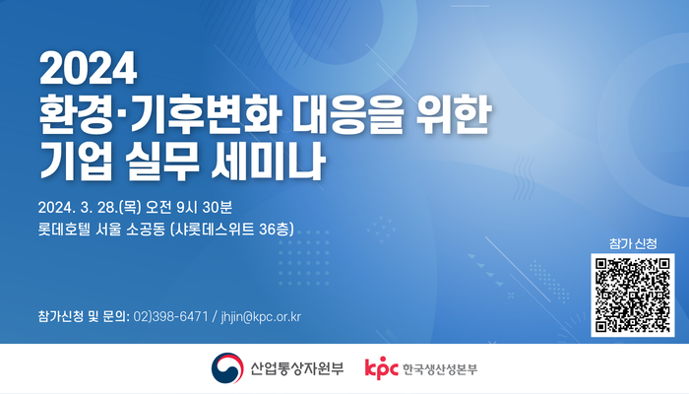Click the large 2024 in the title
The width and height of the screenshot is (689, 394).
pyautogui.click(x=88, y=68)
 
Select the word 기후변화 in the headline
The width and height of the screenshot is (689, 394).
pyautogui.click(x=206, y=115)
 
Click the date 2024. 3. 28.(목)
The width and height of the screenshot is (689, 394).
pyautogui.click(x=90, y=207)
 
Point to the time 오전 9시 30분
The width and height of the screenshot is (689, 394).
pyautogui.click(x=189, y=207)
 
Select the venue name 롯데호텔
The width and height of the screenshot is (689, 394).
pyautogui.click(x=64, y=230)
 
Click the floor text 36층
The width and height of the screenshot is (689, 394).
pyautogui.click(x=275, y=230)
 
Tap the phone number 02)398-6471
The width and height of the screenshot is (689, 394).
pyautogui.click(x=170, y=316)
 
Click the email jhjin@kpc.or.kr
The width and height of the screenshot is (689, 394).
pyautogui.click(x=261, y=316)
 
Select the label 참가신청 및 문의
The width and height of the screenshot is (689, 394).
pyautogui.click(x=83, y=316)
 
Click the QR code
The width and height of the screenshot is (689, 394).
pyautogui.click(x=632, y=295)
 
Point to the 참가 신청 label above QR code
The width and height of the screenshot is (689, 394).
pyautogui.click(x=633, y=243)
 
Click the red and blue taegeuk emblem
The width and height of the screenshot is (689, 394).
pyautogui.click(x=227, y=368)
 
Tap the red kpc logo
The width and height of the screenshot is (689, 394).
pyautogui.click(x=381, y=368)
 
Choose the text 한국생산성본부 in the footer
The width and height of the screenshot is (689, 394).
pyautogui.click(x=440, y=369)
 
